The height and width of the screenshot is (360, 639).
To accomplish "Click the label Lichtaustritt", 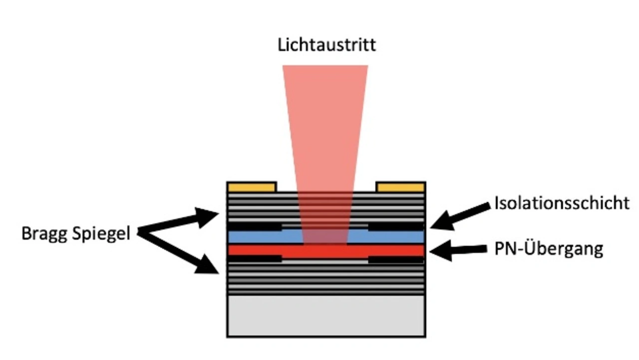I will point(326,45).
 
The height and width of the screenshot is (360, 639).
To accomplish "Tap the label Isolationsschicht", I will point(562,203).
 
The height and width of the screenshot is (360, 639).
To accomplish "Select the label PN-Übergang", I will point(548,248).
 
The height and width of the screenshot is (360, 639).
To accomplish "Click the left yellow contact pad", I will point(252,187).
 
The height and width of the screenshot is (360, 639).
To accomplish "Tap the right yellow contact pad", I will point(401,187).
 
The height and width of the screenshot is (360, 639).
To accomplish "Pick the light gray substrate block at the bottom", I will point(326,316).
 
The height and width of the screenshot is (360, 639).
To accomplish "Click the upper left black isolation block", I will point(255,227).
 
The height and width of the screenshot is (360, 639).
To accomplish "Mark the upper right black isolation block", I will point(396,227).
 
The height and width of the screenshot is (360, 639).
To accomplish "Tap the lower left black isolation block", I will point(255,259).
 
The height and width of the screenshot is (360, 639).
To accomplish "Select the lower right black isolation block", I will point(396,259).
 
